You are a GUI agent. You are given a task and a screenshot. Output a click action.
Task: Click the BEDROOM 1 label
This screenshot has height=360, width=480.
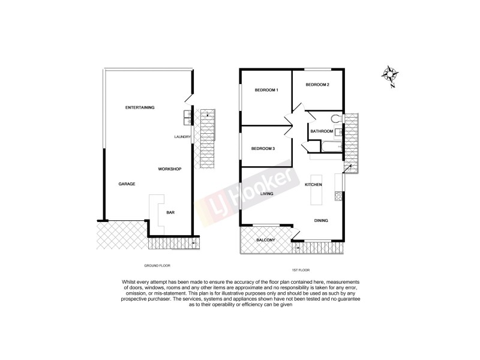[267, 90]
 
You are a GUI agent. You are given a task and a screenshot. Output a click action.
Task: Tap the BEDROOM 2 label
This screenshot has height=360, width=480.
[317, 85]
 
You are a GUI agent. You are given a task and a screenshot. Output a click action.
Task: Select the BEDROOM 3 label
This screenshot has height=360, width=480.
[263, 148]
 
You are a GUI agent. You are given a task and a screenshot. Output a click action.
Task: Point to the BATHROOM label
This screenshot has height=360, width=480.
[322, 131]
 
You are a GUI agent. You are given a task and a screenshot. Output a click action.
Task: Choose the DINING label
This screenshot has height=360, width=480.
[321, 221]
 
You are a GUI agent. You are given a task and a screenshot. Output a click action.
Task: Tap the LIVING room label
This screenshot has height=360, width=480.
[267, 194]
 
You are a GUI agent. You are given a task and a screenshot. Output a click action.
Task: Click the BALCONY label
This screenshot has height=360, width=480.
[266, 240]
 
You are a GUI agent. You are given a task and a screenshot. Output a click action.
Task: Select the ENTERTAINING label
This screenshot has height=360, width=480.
[140, 107]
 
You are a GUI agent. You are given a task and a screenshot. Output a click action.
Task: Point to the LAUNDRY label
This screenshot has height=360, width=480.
[182, 137]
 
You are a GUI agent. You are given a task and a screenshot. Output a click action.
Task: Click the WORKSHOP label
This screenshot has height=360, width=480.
[170, 169]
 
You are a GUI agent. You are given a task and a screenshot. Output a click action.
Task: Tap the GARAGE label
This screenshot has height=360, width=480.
[126, 184]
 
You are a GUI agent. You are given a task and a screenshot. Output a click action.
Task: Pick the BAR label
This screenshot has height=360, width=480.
[170, 212]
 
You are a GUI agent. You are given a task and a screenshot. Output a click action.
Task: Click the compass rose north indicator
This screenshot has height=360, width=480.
[391, 75]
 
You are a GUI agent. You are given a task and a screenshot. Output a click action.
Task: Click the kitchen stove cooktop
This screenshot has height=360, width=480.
[339, 196]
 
